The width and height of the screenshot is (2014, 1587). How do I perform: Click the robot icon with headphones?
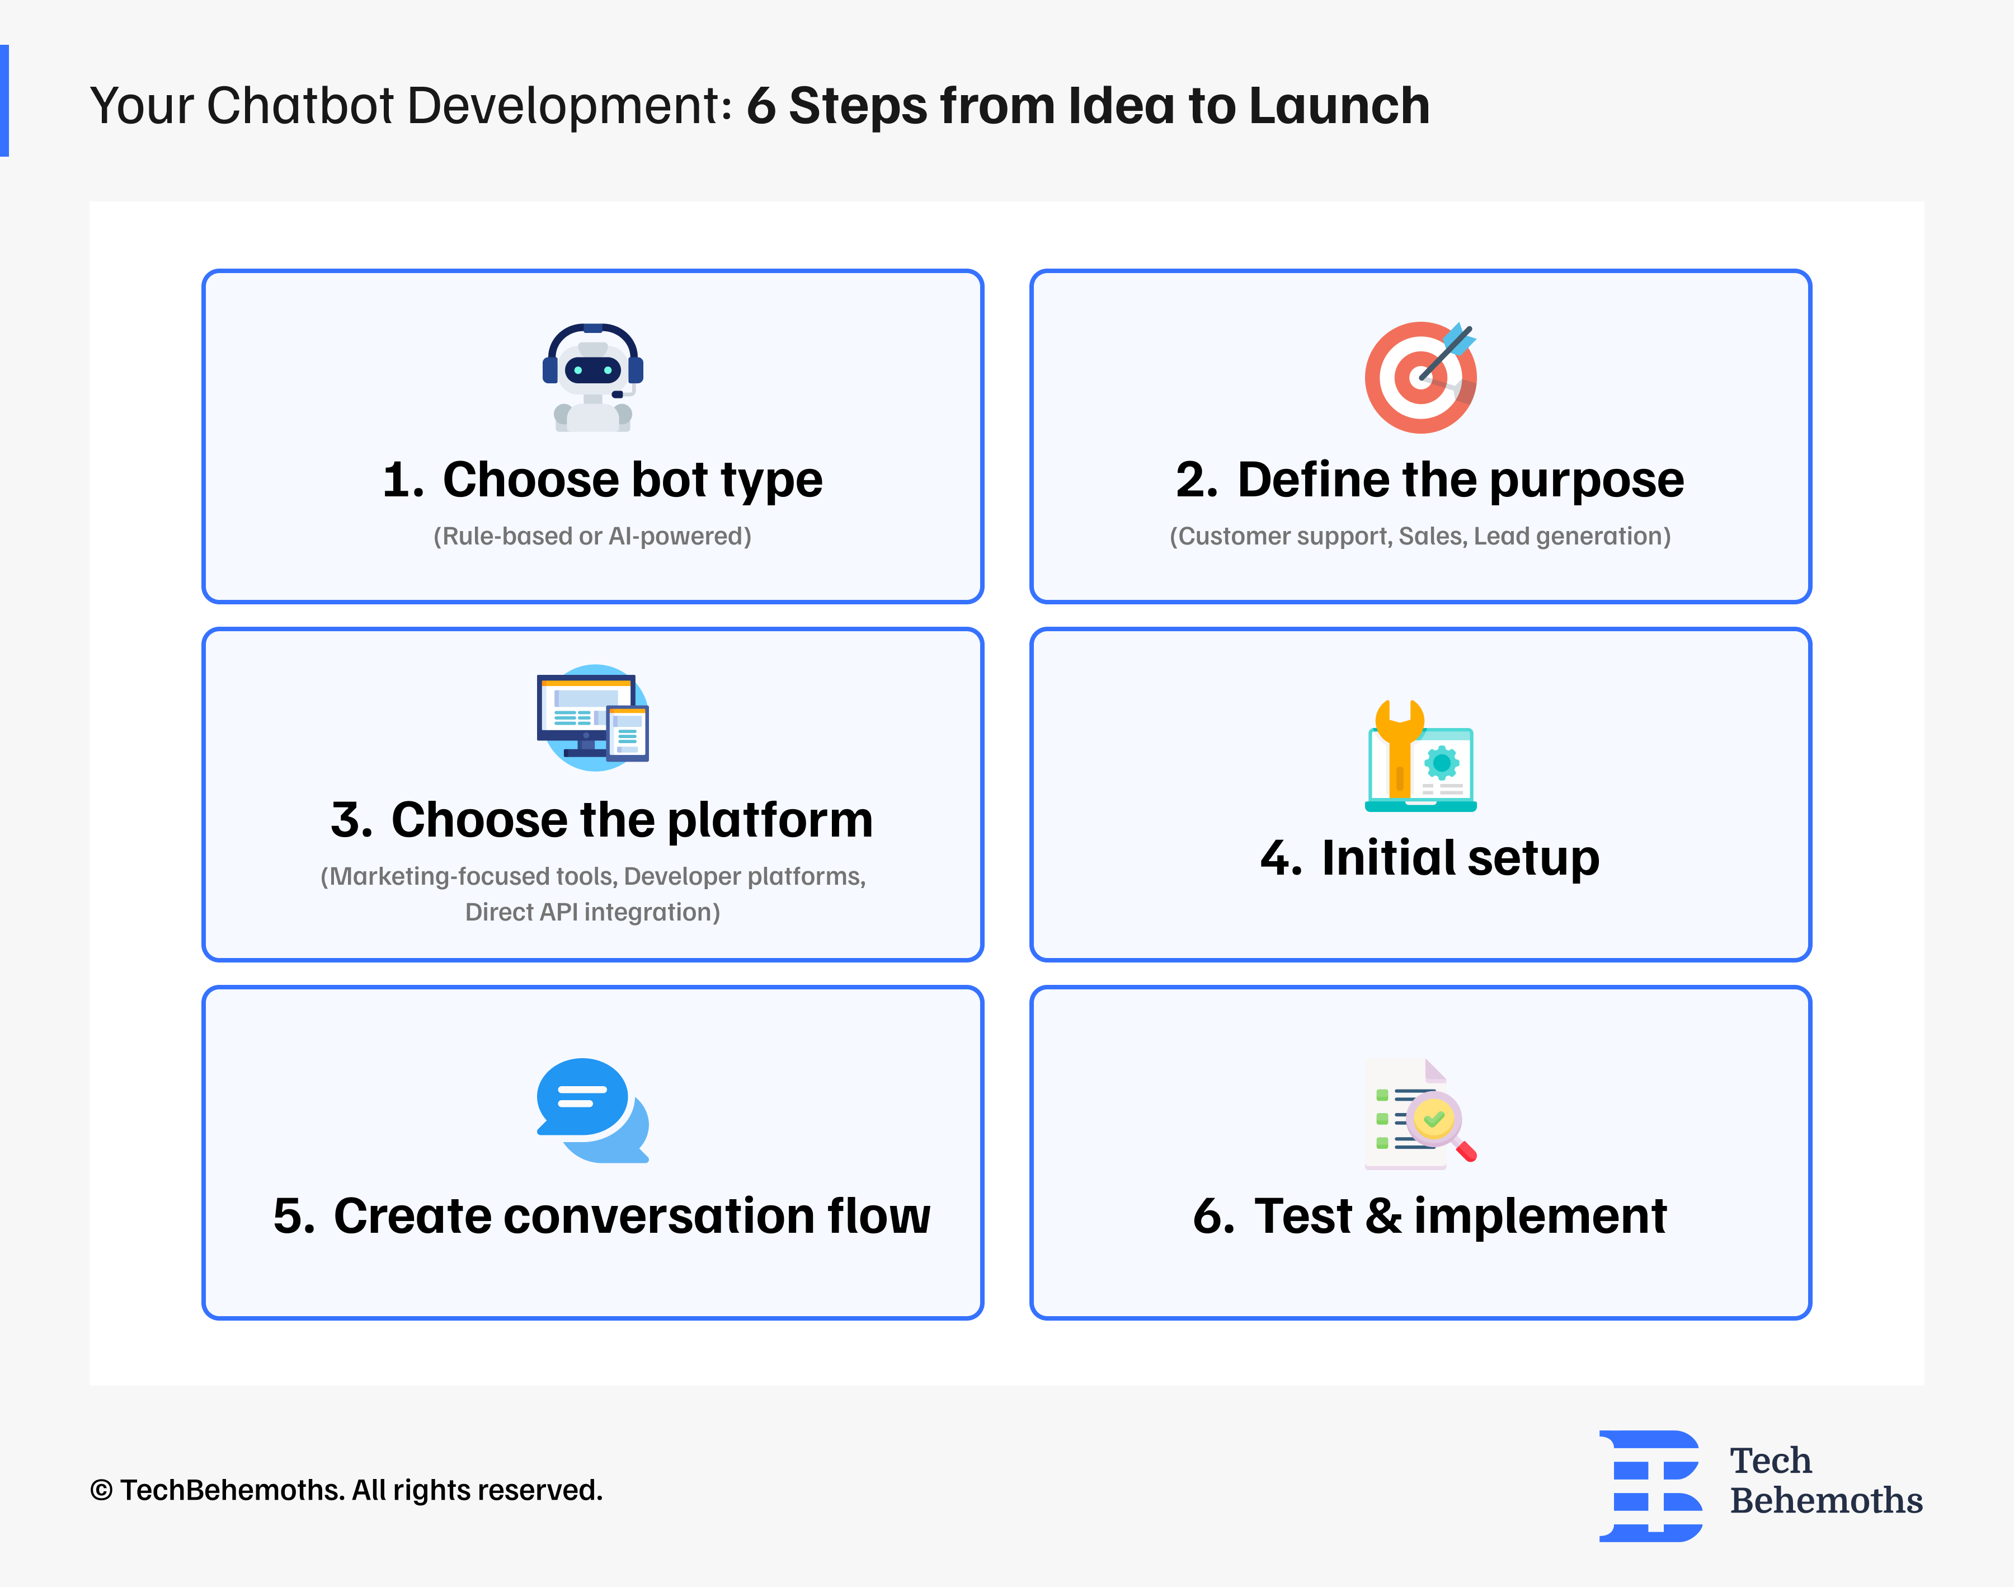592,377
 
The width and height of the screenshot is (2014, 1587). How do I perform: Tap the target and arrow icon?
1420,377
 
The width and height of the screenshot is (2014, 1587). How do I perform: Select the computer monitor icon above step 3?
592,717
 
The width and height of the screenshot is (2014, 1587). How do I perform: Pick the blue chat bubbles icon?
592,1110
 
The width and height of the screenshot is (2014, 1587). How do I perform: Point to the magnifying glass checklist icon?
1420,1113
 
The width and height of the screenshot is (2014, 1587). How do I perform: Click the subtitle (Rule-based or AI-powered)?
592,536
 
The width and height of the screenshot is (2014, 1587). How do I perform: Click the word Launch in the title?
1339,106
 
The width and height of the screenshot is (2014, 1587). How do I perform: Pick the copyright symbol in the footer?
101,1490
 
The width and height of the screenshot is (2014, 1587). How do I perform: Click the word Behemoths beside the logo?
1825,1501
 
